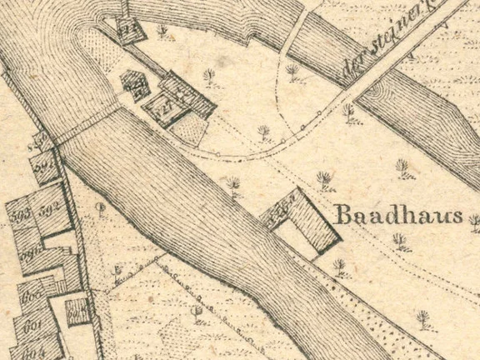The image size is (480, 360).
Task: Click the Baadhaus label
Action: (x=397, y=216)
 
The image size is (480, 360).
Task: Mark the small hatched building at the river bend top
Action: (x=128, y=28)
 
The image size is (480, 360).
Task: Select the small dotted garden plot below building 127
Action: (x=191, y=130)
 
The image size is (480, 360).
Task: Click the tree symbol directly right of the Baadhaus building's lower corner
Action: (x=339, y=267)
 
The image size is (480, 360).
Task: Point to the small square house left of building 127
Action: (x=132, y=82)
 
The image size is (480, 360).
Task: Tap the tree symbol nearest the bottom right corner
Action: (x=423, y=317)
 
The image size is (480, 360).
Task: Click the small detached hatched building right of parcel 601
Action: (x=77, y=312)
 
